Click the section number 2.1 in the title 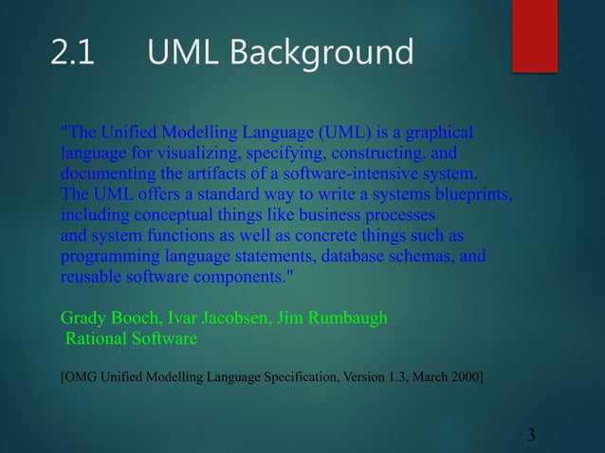(72, 54)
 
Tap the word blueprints (475, 196)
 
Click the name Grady (81, 318)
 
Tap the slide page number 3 (531, 435)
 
